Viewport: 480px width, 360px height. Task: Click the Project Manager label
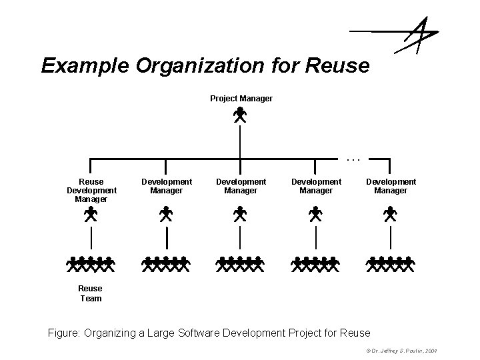(241, 99)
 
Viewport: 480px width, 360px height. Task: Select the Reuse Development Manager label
(91, 190)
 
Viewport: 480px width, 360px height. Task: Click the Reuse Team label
(91, 293)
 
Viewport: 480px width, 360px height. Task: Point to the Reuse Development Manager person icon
(91, 215)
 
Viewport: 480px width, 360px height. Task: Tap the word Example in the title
(81, 65)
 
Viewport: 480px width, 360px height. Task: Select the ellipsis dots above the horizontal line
(353, 159)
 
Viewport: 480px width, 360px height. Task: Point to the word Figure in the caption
(64, 332)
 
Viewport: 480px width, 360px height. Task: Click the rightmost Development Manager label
(391, 186)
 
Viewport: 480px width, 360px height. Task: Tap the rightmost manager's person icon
(391, 215)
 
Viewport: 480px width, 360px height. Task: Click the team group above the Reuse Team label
(91, 264)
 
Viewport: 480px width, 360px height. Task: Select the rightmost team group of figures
(391, 264)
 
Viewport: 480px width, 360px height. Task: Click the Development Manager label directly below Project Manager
(241, 186)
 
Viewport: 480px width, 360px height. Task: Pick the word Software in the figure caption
(198, 332)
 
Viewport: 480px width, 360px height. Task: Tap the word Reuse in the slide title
(339, 65)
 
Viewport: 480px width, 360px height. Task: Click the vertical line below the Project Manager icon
(240, 141)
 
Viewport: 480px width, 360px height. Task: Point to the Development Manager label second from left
(166, 186)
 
